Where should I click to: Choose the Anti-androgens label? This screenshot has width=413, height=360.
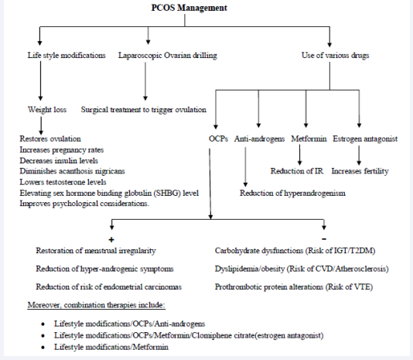[x=260, y=139]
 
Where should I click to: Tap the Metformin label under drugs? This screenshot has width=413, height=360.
[x=308, y=139]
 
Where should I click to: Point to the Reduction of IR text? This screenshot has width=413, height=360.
[x=297, y=171]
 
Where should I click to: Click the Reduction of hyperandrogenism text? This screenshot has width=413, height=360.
[x=291, y=192]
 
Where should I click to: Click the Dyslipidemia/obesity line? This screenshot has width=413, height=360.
[x=302, y=268]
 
